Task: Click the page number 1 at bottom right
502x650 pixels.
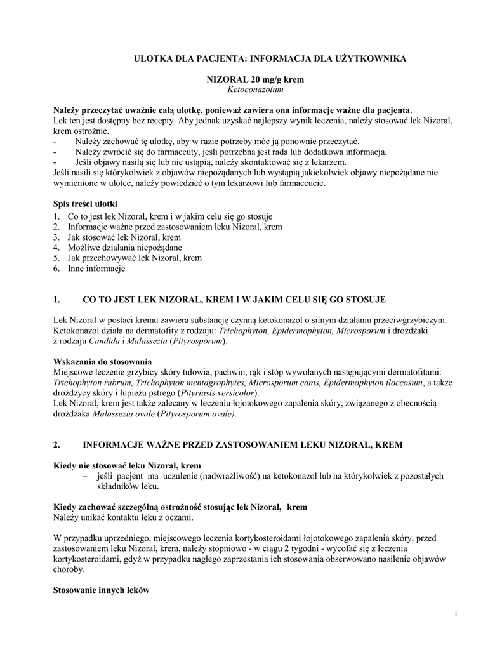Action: pyautogui.click(x=457, y=613)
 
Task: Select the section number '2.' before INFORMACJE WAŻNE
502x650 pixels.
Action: pyautogui.click(x=56, y=445)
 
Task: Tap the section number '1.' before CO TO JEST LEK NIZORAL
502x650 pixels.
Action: pyautogui.click(x=56, y=299)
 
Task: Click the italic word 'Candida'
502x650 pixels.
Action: pyautogui.click(x=103, y=341)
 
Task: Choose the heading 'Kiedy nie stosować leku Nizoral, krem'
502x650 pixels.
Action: pyautogui.click(x=126, y=465)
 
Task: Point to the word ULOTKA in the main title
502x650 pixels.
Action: pyautogui.click(x=150, y=58)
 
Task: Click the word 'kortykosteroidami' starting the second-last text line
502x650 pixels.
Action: pyautogui.click(x=86, y=559)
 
